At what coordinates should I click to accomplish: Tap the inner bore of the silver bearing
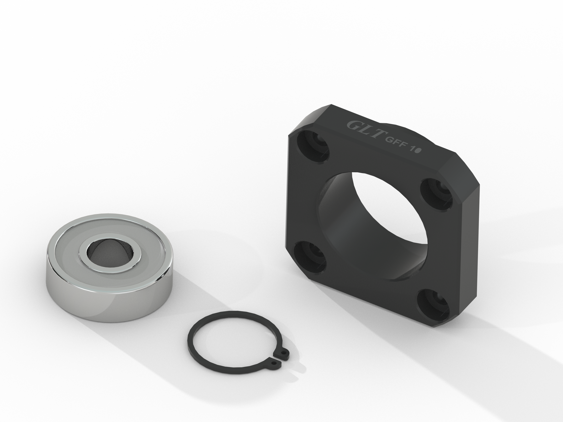tap(110, 252)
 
